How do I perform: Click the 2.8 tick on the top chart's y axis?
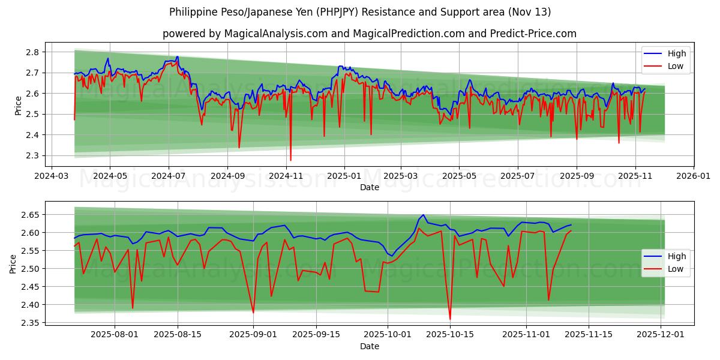click(x=33, y=52)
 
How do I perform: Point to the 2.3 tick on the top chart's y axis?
click(x=33, y=156)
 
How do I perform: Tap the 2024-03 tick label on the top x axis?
click(x=51, y=176)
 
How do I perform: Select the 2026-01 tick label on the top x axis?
click(x=694, y=176)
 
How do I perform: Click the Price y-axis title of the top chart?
click(x=18, y=105)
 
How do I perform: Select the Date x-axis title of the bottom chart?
click(x=369, y=346)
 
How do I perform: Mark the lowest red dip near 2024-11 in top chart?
click(x=291, y=160)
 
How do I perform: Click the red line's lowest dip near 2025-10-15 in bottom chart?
click(x=450, y=319)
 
